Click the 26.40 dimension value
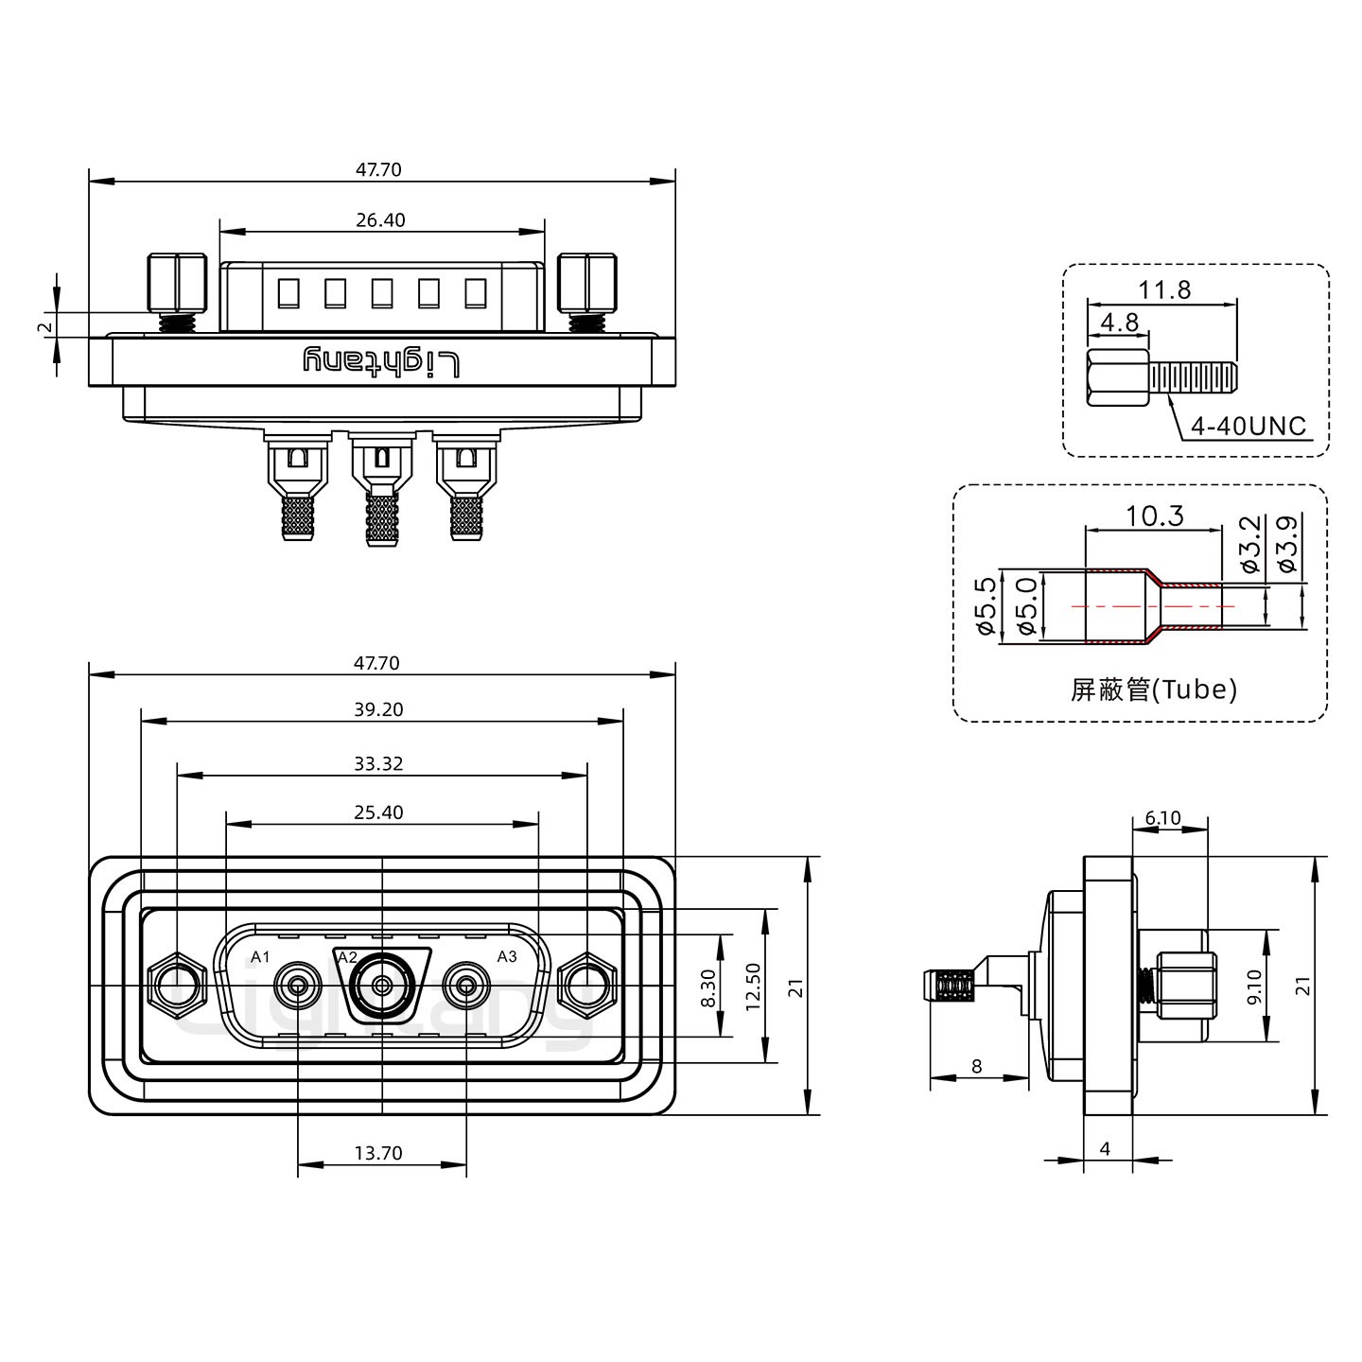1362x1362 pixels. click(x=380, y=220)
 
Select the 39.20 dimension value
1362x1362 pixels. click(x=380, y=709)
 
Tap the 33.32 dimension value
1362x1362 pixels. click(x=380, y=763)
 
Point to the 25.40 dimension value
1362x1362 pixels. click(x=380, y=812)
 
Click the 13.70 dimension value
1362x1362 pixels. click(x=378, y=1153)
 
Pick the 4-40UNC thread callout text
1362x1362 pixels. click(x=1248, y=427)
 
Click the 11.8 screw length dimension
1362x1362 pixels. click(x=1163, y=289)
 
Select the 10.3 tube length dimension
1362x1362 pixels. click(x=1154, y=516)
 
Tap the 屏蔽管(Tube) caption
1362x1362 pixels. click(x=1153, y=690)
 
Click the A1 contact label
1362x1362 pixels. click(x=261, y=957)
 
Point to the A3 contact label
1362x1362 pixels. click(x=507, y=956)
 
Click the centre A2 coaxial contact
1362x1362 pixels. click(x=381, y=987)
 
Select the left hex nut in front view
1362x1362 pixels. click(x=176, y=987)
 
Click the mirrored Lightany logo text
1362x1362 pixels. click(x=381, y=361)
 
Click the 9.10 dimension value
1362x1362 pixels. click(x=1254, y=987)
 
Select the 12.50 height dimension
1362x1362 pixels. click(x=753, y=987)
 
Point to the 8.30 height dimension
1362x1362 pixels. click(x=707, y=987)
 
